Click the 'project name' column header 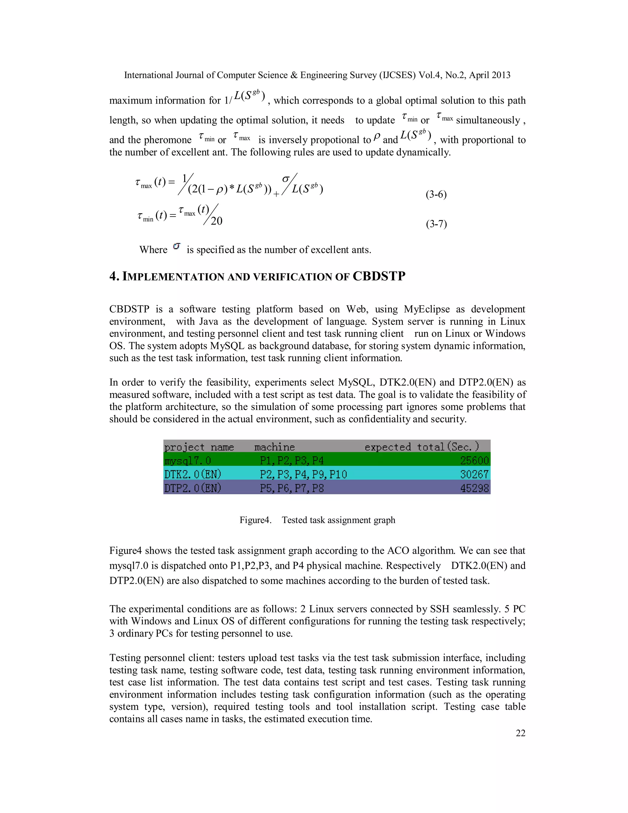tap(199, 447)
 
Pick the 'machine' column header tap(274, 447)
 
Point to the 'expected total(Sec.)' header tap(422, 447)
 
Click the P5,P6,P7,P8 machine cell tap(292, 488)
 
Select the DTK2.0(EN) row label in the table tap(193, 474)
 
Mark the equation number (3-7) tap(436, 224)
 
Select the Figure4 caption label tap(255, 520)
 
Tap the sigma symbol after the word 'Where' tap(177, 247)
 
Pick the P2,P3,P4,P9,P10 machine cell tap(303, 474)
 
